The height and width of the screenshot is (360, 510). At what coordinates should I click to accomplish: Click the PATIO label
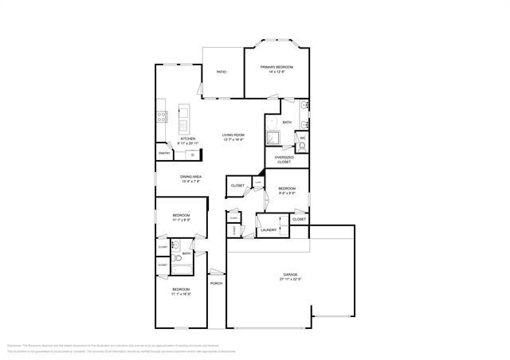pos(222,72)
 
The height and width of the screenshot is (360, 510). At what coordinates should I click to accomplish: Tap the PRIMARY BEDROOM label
pos(277,67)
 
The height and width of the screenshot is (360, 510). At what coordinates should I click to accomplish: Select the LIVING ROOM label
pos(233,135)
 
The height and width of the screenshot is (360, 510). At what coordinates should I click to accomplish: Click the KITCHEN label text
pos(188,139)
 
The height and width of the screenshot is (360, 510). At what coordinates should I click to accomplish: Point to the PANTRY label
pos(164,153)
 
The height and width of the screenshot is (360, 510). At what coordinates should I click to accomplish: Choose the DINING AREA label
pos(190,176)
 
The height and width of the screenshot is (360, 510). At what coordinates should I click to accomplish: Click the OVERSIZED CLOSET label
pos(284,159)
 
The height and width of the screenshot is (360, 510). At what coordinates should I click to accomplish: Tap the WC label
pos(303,138)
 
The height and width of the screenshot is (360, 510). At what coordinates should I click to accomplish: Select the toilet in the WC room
pos(303,146)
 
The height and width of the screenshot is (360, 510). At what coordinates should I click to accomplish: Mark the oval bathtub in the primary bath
pos(270,122)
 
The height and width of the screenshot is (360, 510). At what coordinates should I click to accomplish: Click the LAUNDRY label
pos(269,230)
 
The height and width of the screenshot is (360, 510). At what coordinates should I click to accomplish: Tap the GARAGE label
pos(290,275)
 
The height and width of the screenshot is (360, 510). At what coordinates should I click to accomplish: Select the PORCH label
pos(216,284)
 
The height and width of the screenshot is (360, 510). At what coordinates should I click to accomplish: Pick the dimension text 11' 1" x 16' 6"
pos(181,294)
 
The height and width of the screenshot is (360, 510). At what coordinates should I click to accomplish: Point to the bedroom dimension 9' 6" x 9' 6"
pos(287,194)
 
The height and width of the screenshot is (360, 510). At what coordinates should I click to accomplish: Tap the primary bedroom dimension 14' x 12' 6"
pos(277,72)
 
